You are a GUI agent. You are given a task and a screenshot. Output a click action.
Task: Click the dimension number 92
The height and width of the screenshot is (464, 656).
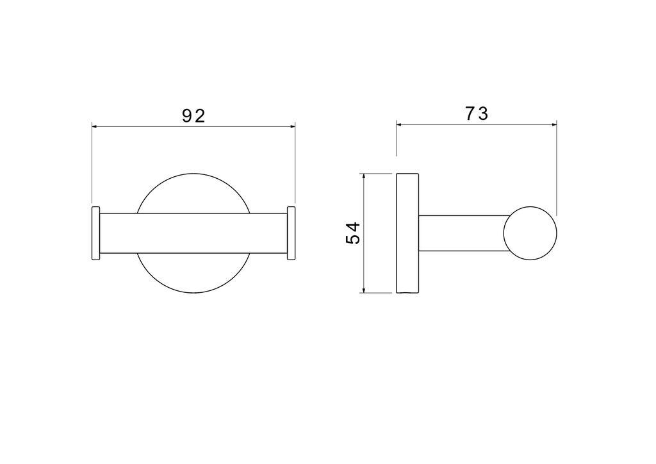click(x=193, y=115)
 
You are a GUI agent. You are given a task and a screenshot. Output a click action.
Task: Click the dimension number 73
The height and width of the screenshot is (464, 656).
click(x=477, y=113)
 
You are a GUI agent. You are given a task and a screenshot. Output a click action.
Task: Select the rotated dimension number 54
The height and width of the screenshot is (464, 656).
click(x=353, y=233)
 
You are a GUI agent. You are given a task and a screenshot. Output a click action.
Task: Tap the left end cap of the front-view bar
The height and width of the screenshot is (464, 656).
click(x=96, y=233)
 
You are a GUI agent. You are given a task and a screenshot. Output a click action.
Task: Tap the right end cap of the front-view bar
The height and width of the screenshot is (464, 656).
click(x=291, y=233)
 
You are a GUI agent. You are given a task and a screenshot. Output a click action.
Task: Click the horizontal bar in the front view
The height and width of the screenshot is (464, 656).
click(x=193, y=233)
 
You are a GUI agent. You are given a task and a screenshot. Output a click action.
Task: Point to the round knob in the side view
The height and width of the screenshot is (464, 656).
click(x=530, y=233)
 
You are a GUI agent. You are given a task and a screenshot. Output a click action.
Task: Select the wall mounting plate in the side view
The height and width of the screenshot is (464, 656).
click(x=407, y=233)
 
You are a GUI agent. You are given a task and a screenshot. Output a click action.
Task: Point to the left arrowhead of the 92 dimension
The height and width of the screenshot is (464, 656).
click(x=95, y=126)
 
